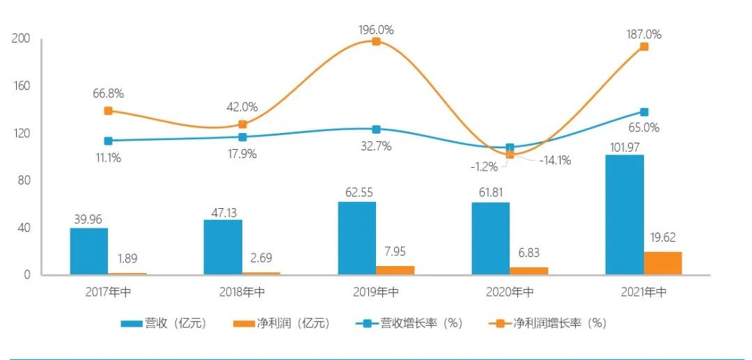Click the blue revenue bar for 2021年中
(625, 214)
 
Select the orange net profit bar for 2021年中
(663, 263)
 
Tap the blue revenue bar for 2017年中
(89, 251)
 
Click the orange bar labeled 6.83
(529, 271)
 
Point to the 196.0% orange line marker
(376, 42)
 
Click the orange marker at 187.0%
(644, 47)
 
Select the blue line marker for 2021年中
(644, 112)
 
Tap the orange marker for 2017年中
(108, 111)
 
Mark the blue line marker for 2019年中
(376, 130)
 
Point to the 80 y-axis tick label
(24, 180)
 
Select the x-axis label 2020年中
(510, 292)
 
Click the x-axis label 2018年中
(242, 292)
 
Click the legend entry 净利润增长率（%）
(549, 323)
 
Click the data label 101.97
(625, 147)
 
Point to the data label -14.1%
(554, 160)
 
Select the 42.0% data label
(242, 107)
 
